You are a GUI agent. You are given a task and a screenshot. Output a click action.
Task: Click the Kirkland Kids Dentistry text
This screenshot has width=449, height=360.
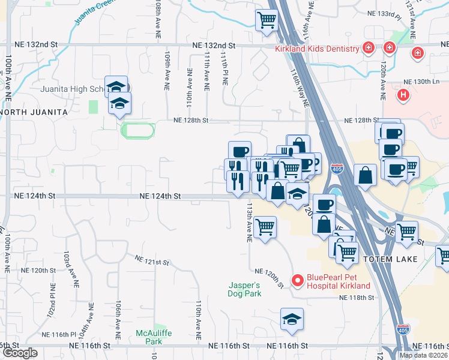(317, 49)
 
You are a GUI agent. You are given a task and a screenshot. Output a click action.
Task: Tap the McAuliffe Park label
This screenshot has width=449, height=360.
(150, 337)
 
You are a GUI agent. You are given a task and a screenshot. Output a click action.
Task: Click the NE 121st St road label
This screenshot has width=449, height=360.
(152, 260)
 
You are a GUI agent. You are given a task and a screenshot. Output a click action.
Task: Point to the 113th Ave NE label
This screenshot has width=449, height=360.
(249, 223)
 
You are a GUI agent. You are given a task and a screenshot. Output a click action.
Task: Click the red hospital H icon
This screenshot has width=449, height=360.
(404, 94)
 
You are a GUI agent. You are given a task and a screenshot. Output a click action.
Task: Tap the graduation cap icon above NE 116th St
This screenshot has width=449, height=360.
(292, 319)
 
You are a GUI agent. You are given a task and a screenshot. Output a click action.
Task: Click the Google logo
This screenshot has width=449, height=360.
(20, 353)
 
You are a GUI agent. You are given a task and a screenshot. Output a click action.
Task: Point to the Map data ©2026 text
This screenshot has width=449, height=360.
(423, 355)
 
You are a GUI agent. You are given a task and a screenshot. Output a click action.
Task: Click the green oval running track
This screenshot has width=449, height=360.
(138, 129)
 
